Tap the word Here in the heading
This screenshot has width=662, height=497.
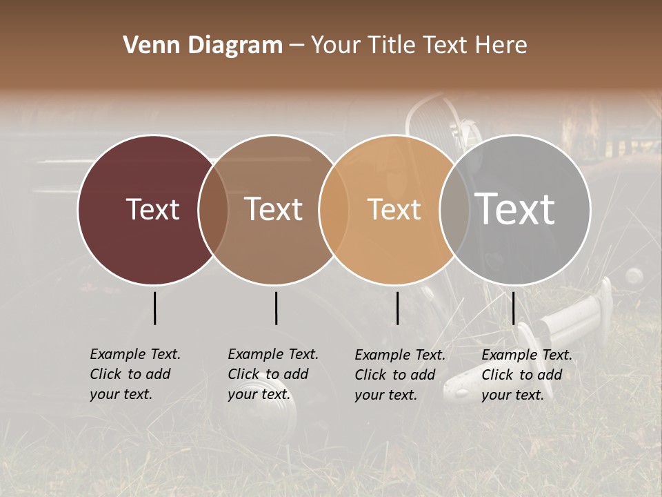[503, 46]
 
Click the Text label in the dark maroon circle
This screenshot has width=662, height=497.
[152, 209]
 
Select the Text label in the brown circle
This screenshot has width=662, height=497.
[273, 209]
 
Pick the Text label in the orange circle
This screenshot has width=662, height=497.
[394, 209]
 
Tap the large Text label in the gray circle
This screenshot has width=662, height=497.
[515, 208]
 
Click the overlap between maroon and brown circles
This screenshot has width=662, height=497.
[213, 209]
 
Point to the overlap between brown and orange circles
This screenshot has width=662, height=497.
[334, 209]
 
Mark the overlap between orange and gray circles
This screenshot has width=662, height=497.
[454, 209]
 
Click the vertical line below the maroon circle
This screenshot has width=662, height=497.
[154, 308]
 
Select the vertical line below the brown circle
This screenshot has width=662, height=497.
[276, 308]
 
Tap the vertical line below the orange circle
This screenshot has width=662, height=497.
[397, 308]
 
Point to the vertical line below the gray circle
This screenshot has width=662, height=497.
[514, 308]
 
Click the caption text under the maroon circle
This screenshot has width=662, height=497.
[135, 374]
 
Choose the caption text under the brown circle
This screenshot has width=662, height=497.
[273, 374]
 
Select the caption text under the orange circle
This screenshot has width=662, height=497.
[400, 375]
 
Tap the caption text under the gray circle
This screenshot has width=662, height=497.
[527, 375]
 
